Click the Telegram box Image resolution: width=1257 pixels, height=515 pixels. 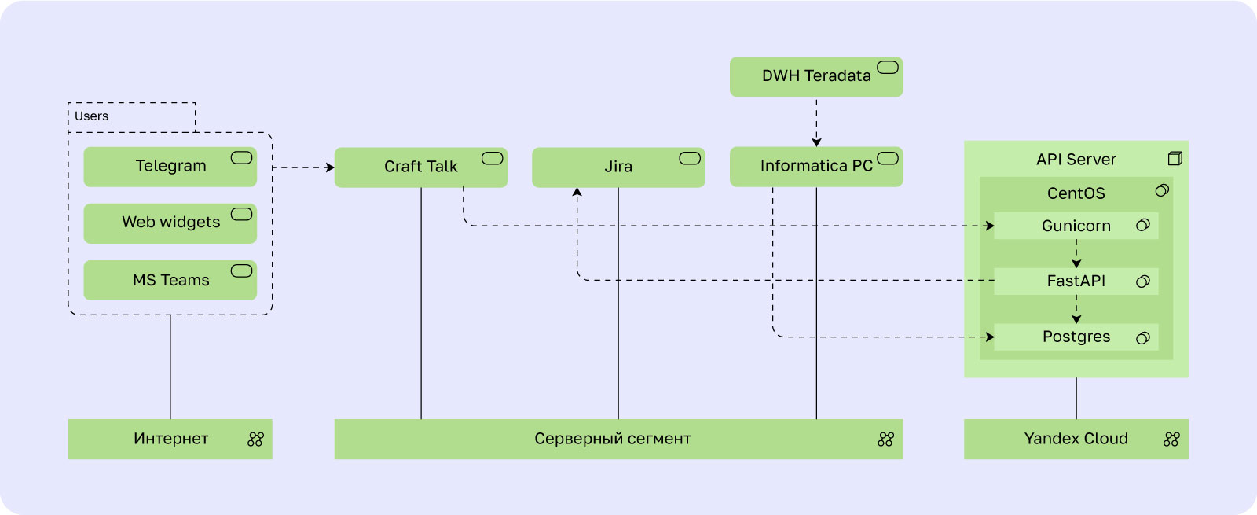click(170, 167)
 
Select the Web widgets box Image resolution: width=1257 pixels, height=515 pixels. click(170, 223)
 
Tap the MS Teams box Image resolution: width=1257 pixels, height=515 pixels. click(170, 280)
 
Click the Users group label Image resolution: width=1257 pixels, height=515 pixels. click(91, 116)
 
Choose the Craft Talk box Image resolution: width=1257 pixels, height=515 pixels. click(421, 167)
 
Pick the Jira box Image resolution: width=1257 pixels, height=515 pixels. click(618, 167)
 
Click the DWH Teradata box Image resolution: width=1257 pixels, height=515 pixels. click(816, 76)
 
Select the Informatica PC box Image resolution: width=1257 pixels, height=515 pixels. click(816, 167)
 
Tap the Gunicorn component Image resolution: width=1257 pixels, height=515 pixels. click(1076, 226)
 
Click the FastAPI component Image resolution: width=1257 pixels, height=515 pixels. click(1076, 281)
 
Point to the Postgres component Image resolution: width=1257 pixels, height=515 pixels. click(1076, 337)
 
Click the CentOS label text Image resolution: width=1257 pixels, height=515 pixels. click(1076, 193)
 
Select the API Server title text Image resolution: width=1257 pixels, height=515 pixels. click(1076, 160)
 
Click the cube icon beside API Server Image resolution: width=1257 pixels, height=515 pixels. click(1175, 158)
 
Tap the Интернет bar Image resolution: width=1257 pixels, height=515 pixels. click(170, 440)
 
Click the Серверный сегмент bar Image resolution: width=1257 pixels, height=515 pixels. click(618, 440)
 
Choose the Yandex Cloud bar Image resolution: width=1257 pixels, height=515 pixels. click(1076, 440)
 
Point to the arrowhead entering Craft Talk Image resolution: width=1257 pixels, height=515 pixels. click(330, 167)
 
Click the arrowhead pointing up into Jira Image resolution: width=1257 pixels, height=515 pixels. click(577, 192)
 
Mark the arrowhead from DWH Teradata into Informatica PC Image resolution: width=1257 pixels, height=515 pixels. click(816, 142)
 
